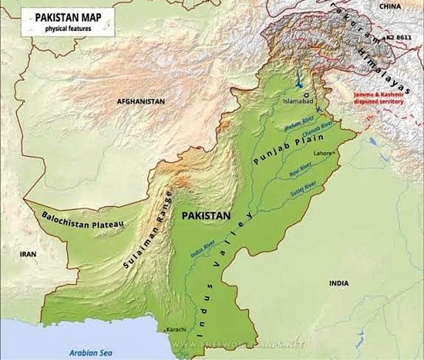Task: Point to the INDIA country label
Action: [x=338, y=283]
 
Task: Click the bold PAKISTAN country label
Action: [x=206, y=215]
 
